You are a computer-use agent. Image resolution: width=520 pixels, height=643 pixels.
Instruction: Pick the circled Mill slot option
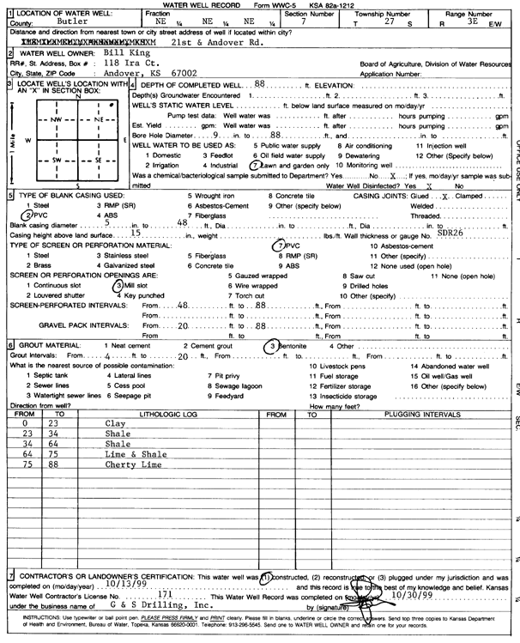[x=129, y=282]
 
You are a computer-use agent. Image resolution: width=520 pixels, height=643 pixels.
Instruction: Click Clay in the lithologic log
[x=114, y=423]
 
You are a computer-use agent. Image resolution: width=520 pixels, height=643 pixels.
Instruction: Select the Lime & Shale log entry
[x=129, y=454]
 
